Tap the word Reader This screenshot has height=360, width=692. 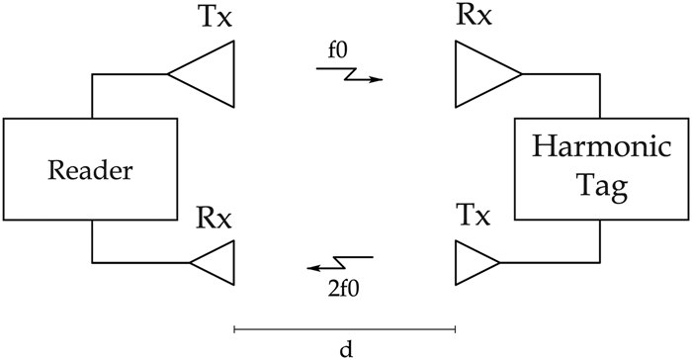(90, 169)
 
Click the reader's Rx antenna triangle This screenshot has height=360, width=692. (216, 262)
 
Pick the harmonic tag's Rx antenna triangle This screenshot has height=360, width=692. (481, 73)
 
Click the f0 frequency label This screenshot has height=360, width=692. (337, 49)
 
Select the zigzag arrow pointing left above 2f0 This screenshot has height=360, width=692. (339, 264)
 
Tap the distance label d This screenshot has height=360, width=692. (345, 348)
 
